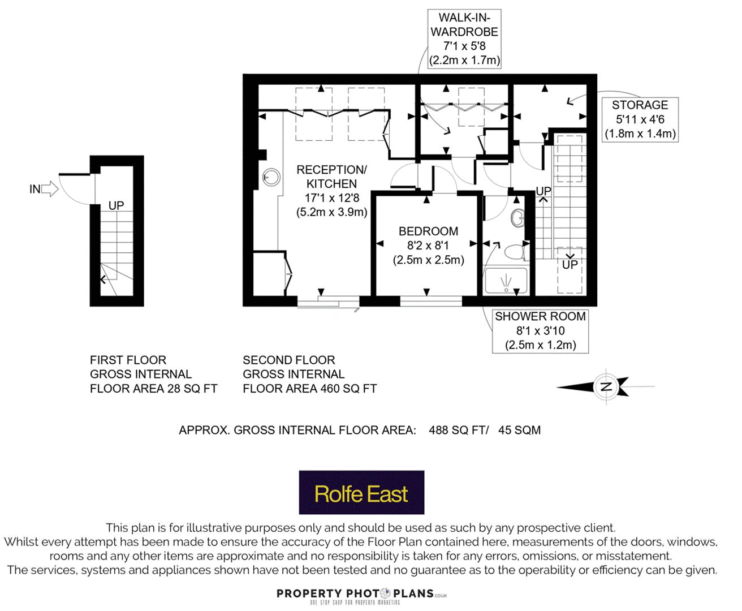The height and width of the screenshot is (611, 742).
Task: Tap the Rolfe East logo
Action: coord(361,493)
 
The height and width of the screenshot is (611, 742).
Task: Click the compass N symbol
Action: coord(606,388)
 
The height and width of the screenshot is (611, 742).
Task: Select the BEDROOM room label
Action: coord(428,231)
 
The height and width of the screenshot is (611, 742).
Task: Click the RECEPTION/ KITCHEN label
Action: coord(331,177)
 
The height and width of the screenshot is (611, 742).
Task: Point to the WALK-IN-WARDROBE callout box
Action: coord(464,39)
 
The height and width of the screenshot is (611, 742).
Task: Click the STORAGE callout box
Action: coord(640,119)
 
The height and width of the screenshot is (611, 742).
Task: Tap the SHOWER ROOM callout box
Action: coord(540,331)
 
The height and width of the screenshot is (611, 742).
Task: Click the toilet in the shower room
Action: coord(515,251)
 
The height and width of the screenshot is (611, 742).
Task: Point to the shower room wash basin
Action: coord(518,218)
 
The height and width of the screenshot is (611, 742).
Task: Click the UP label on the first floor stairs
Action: coord(116,205)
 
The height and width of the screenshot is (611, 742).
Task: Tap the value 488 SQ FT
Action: coord(457,430)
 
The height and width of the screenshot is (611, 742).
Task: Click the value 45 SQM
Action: coord(519,430)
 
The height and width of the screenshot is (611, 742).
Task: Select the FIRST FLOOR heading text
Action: coord(128,360)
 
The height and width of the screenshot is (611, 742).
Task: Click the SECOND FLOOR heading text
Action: coord(288,360)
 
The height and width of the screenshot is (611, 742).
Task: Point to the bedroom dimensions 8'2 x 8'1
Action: coord(428,246)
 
